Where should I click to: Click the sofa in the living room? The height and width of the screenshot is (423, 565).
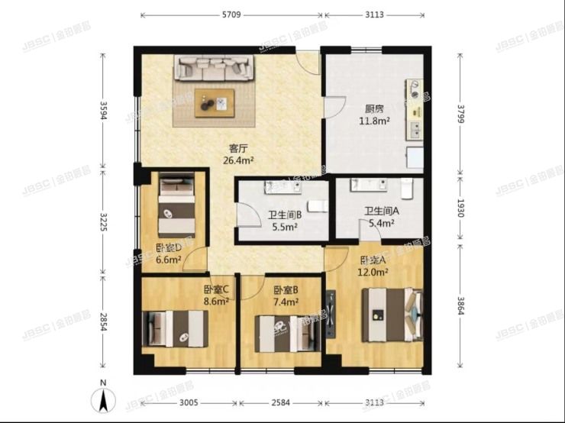[x=215, y=68]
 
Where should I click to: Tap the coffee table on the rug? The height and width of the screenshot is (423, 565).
[x=215, y=102]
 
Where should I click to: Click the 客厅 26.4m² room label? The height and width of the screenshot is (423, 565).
[x=238, y=154]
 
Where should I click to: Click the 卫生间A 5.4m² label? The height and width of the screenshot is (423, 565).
[x=380, y=218]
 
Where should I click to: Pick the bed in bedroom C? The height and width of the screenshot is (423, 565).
[x=175, y=328]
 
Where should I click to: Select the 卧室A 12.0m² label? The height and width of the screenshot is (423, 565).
[x=374, y=265]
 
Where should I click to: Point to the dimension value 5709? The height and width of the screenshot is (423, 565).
[x=232, y=15]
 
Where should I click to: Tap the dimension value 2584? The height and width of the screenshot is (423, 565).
[x=279, y=403]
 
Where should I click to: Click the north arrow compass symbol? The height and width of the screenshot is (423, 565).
[x=103, y=399]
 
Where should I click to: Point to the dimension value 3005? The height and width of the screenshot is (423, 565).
[x=188, y=403]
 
